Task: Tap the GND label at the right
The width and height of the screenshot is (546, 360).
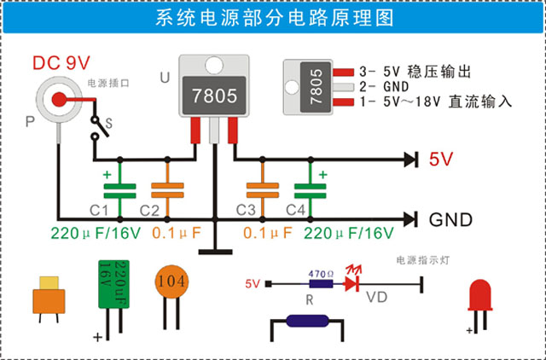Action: tap(450, 219)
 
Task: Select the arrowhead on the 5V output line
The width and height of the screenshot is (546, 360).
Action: tap(411, 159)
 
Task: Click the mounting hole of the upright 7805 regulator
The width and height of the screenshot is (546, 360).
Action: tap(212, 65)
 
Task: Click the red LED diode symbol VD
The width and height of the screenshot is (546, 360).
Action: tap(350, 284)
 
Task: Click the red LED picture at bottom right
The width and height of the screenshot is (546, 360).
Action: tap(480, 294)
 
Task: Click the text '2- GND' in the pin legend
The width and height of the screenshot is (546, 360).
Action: tap(385, 86)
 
